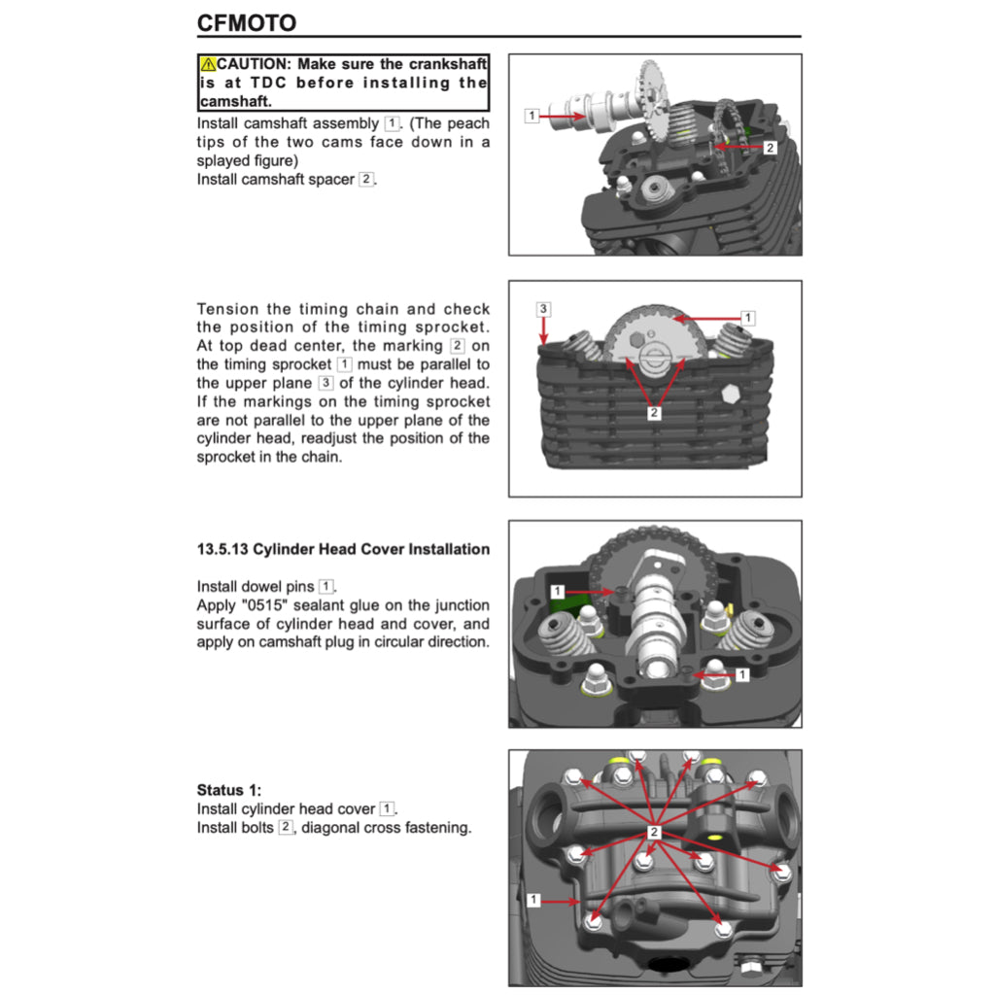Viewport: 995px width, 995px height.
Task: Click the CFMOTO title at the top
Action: click(246, 22)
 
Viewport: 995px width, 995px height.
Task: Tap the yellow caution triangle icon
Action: click(208, 64)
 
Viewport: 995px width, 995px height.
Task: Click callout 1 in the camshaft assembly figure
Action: click(531, 116)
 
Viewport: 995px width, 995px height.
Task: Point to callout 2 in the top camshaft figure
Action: click(769, 148)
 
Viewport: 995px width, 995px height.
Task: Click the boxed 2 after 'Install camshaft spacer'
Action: click(365, 179)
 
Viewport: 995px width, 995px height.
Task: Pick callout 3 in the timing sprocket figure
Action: click(543, 309)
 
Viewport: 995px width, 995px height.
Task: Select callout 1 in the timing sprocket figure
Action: click(747, 318)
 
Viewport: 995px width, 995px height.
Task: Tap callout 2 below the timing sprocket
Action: click(653, 413)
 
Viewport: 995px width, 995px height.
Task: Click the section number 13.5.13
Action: click(223, 549)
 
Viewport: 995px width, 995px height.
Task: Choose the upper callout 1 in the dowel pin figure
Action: click(557, 592)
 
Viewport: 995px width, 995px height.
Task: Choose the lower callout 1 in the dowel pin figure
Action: click(741, 673)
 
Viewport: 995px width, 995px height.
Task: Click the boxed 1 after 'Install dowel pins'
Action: click(326, 586)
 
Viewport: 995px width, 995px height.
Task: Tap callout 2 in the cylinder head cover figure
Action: click(654, 832)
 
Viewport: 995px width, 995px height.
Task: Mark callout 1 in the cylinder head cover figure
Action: click(532, 900)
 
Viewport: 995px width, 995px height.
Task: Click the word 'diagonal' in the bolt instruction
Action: click(330, 828)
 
